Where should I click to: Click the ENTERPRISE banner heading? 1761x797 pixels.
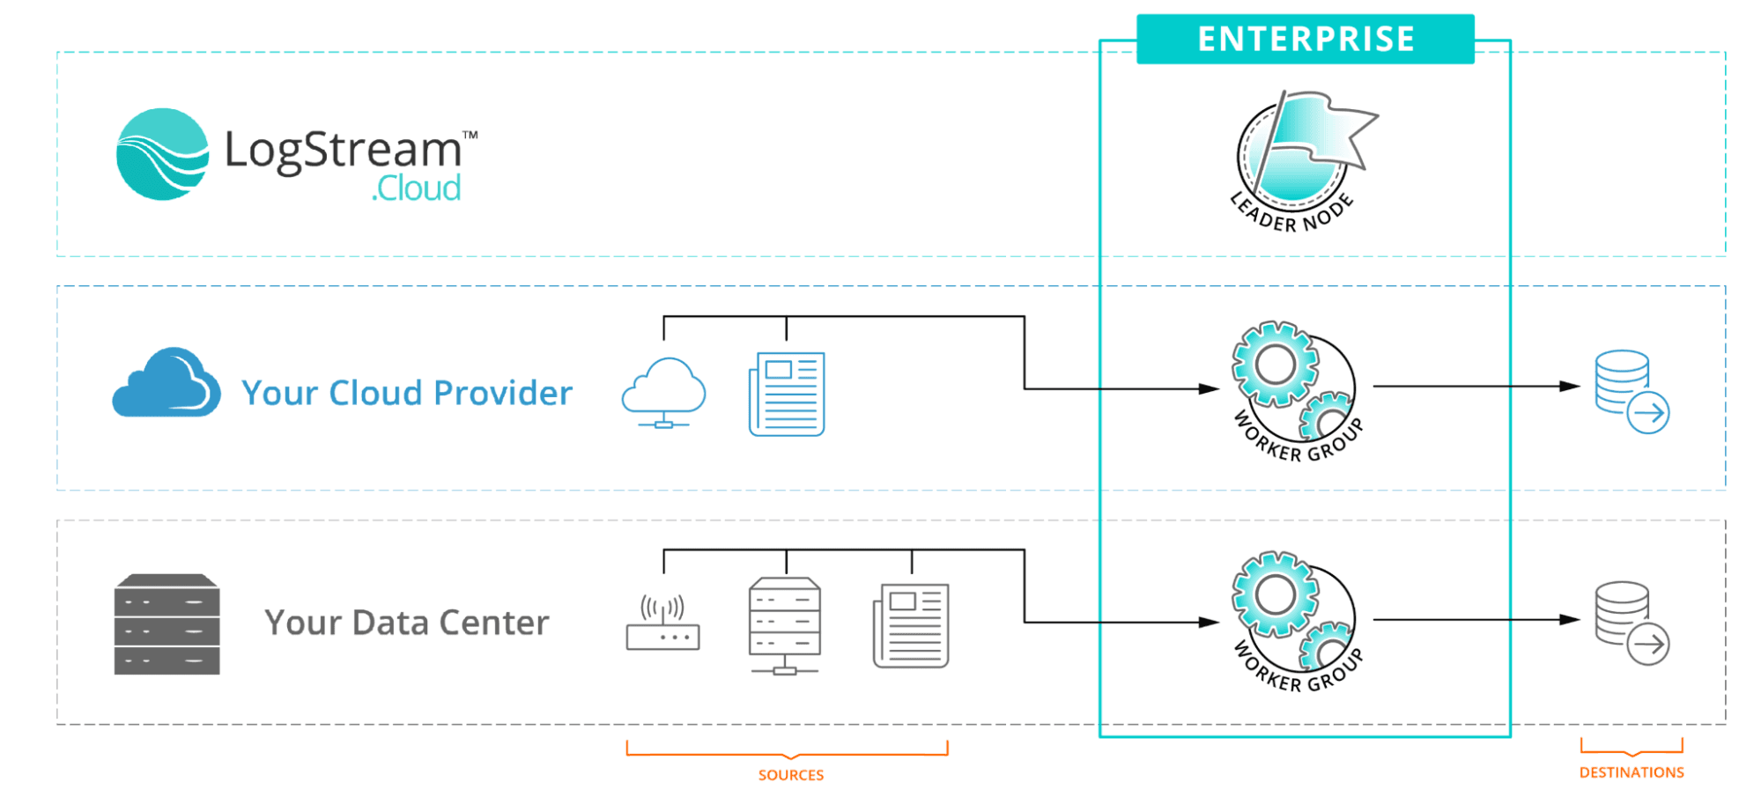click(1305, 40)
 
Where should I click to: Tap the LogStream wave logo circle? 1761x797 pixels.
click(163, 154)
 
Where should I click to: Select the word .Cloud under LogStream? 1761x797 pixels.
click(416, 188)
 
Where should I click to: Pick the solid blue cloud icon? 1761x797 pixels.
click(166, 383)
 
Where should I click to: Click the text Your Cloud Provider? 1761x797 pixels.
click(407, 393)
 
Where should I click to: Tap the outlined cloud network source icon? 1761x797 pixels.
click(663, 393)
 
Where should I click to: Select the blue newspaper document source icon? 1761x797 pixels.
click(787, 394)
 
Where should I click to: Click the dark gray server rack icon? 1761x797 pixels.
click(166, 624)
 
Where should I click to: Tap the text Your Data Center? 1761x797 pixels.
click(407, 623)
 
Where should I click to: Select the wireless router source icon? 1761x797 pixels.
click(662, 624)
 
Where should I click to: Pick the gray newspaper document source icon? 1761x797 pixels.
click(911, 625)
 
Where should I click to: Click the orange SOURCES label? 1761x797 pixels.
click(791, 775)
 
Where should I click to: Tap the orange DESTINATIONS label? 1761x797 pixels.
click(1632, 772)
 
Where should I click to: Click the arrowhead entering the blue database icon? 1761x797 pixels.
click(1570, 386)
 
